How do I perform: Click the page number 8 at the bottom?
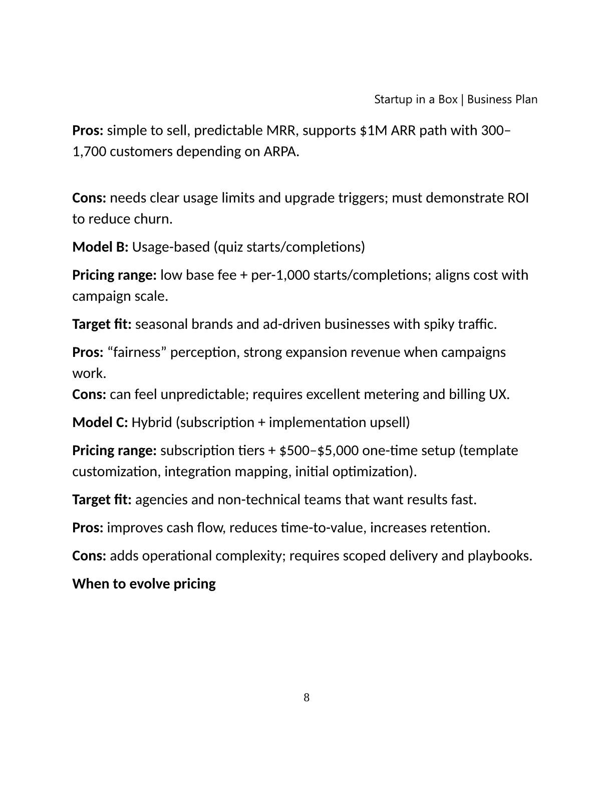[x=306, y=698]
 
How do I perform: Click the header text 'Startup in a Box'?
[x=416, y=99]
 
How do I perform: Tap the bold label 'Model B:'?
[x=100, y=247]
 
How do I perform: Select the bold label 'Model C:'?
[x=100, y=423]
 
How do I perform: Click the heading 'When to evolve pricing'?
[x=144, y=584]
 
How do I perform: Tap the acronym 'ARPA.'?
[x=281, y=152]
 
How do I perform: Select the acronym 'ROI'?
[x=518, y=198]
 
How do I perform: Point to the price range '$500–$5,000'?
[x=319, y=451]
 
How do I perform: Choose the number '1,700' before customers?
[x=89, y=152]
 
